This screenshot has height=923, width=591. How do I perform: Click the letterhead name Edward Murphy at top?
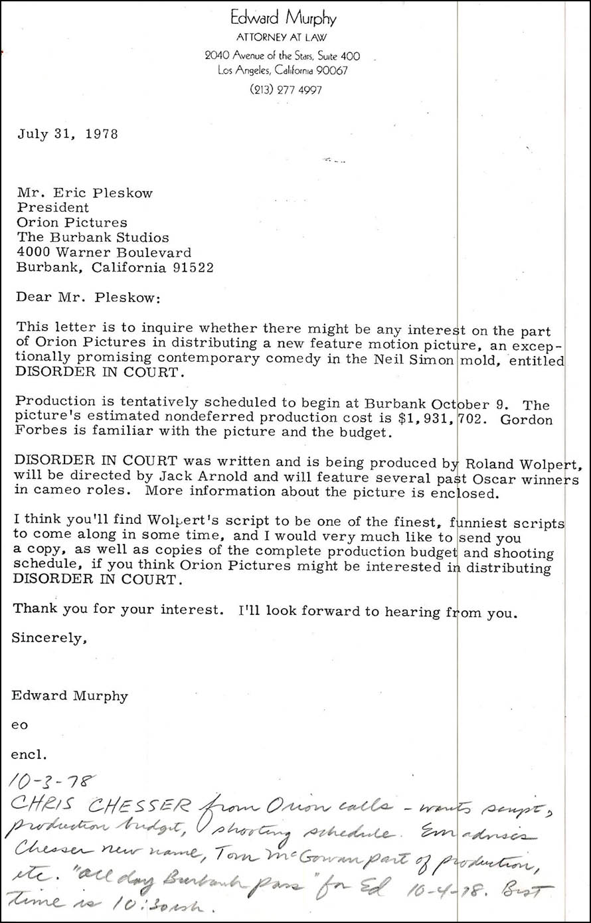[282, 18]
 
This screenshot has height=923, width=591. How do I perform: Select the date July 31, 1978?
[68, 133]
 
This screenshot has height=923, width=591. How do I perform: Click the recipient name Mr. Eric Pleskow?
[84, 193]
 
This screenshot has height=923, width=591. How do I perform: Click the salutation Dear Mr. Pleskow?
[88, 297]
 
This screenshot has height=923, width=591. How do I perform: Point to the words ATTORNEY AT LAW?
[282, 38]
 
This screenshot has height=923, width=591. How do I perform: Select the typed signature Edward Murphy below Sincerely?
[70, 696]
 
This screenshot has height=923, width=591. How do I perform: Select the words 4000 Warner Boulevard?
[104, 252]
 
